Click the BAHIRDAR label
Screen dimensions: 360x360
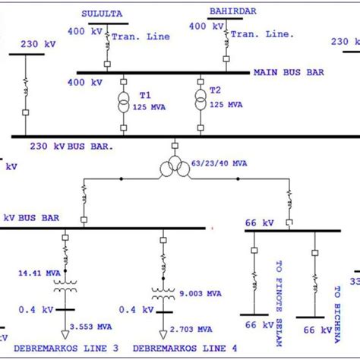pyautogui.click(x=229, y=11)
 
